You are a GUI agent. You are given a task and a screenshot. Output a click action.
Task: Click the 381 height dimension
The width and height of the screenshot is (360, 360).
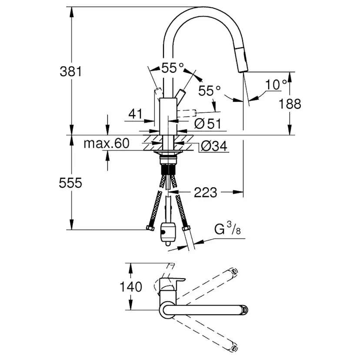coord(71,71)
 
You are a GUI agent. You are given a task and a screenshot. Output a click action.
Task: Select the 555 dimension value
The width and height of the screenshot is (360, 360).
coord(71,183)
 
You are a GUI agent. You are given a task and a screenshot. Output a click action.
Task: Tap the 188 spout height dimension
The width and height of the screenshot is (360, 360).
coord(290,103)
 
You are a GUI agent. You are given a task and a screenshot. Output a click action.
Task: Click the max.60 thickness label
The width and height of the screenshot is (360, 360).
coord(106,143)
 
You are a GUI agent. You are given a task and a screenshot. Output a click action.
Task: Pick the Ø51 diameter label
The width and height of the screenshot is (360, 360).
coord(208,124)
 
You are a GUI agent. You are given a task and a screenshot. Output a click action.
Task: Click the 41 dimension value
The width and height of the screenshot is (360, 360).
coord(136,114)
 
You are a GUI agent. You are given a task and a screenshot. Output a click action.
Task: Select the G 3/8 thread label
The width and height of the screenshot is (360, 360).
coord(227,229)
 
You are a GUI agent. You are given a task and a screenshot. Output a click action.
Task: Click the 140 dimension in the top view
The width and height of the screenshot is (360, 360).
coord(131,287)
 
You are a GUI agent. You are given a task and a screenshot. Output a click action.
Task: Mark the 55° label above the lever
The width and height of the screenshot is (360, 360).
coord(172,68)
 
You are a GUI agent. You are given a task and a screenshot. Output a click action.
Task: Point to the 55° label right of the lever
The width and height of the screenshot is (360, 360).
coord(210,90)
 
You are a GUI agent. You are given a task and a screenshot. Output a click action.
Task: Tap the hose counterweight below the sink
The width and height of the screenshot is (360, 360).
coord(167,233)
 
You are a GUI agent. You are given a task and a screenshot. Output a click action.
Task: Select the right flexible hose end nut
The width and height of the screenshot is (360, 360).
coord(187,228)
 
